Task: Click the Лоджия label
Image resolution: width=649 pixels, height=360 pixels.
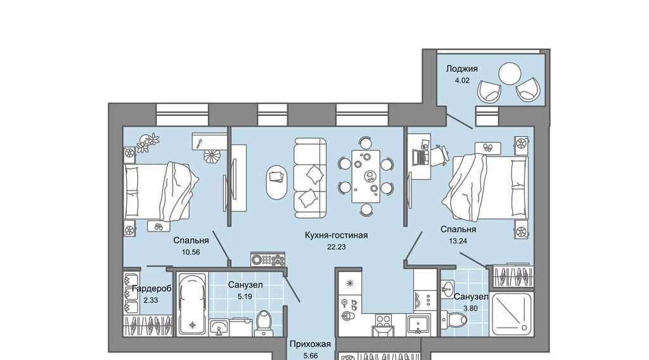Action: click(461, 68)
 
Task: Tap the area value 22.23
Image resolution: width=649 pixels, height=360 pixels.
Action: click(336, 247)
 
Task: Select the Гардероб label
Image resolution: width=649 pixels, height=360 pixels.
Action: click(151, 289)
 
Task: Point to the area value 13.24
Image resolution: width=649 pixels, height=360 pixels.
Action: click(458, 241)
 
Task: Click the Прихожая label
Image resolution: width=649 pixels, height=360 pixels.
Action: click(310, 344)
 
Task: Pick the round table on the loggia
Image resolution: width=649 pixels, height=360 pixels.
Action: click(509, 74)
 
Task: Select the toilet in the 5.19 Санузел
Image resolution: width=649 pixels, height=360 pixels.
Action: click(263, 321)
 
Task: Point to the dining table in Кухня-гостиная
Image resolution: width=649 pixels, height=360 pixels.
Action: click(366, 176)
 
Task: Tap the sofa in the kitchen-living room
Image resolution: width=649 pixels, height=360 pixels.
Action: click(311, 178)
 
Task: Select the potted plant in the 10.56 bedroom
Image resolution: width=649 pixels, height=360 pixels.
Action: click(148, 141)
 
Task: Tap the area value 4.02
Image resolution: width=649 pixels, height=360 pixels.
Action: click(462, 80)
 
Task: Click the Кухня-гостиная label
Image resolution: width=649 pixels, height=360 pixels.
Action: click(336, 235)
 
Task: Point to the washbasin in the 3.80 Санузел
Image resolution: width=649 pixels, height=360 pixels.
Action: click(447, 288)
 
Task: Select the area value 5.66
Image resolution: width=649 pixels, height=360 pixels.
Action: click(310, 356)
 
